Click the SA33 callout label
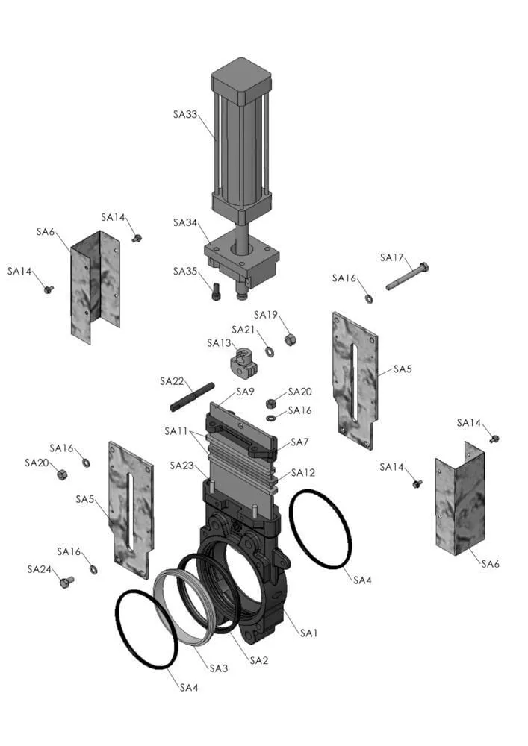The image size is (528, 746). pyautogui.click(x=184, y=115)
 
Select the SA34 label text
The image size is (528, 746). pyautogui.click(x=184, y=222)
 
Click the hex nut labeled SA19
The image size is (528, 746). pyautogui.click(x=290, y=339)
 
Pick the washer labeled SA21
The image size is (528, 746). pyautogui.click(x=269, y=352)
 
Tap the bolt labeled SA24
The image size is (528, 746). pyautogui.click(x=67, y=581)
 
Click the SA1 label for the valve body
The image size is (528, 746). pyautogui.click(x=308, y=633)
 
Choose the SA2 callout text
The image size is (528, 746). pyautogui.click(x=259, y=660)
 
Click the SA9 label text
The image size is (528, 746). pyautogui.click(x=245, y=392)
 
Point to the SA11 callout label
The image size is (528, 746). pyautogui.click(x=176, y=431)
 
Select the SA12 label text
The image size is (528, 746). pyautogui.click(x=303, y=472)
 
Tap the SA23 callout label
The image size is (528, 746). pyautogui.click(x=182, y=466)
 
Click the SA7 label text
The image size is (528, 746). pyautogui.click(x=299, y=442)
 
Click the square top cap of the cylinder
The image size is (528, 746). pyautogui.click(x=241, y=81)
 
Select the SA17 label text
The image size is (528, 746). pyautogui.click(x=392, y=257)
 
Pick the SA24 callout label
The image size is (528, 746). pyautogui.click(x=39, y=569)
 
